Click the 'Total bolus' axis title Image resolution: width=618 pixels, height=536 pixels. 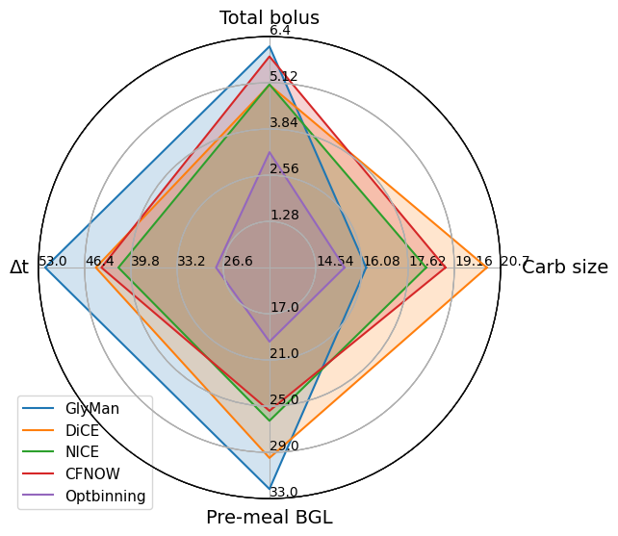(270, 17)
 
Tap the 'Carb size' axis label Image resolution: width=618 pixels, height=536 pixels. (565, 268)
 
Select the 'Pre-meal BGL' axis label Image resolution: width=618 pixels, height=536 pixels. (270, 517)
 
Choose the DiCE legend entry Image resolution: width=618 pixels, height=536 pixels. (82, 430)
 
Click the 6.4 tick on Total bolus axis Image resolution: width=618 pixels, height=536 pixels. (280, 31)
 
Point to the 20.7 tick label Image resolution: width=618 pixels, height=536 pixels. (516, 261)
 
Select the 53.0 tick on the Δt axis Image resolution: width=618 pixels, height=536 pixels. (52, 261)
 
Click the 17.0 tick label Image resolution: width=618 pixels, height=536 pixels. (284, 307)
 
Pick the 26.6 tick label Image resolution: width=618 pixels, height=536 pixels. (238, 261)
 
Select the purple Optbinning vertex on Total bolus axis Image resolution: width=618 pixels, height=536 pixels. (270, 152)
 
